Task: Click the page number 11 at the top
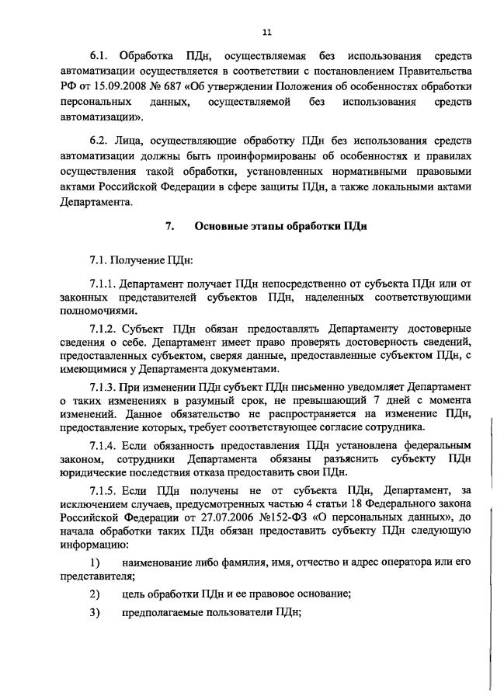point(266,32)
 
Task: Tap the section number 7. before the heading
point(169,227)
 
